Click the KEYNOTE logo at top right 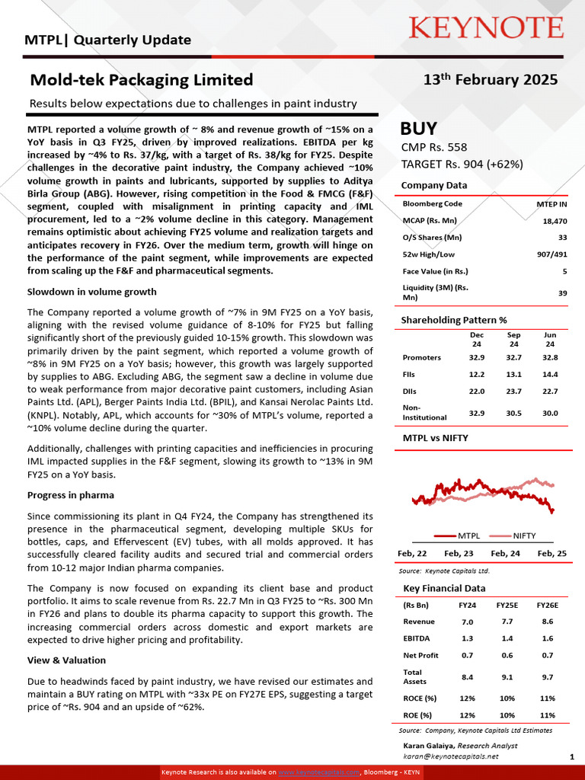(x=486, y=28)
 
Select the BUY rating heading (x=419, y=129)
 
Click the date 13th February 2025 (x=491, y=79)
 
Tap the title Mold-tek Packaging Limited (x=141, y=80)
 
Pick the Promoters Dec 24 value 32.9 (x=476, y=356)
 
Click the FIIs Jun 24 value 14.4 (x=550, y=374)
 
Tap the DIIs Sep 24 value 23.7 (x=514, y=391)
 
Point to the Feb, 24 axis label (x=505, y=554)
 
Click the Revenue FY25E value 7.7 (x=507, y=622)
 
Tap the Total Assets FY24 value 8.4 (x=468, y=676)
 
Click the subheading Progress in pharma (x=71, y=495)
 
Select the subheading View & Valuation (x=66, y=660)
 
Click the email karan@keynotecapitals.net (x=451, y=756)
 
